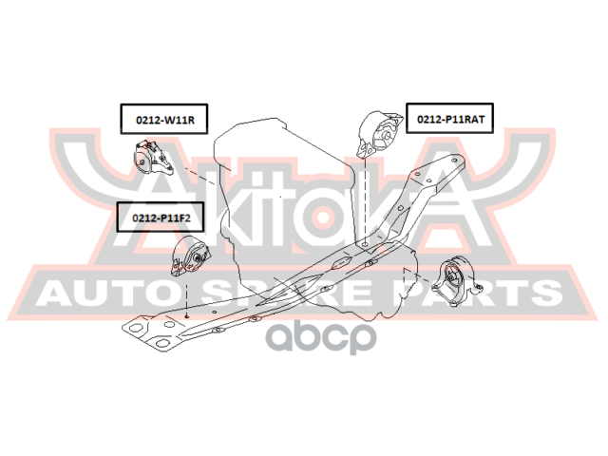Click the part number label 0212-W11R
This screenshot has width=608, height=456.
163,121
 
